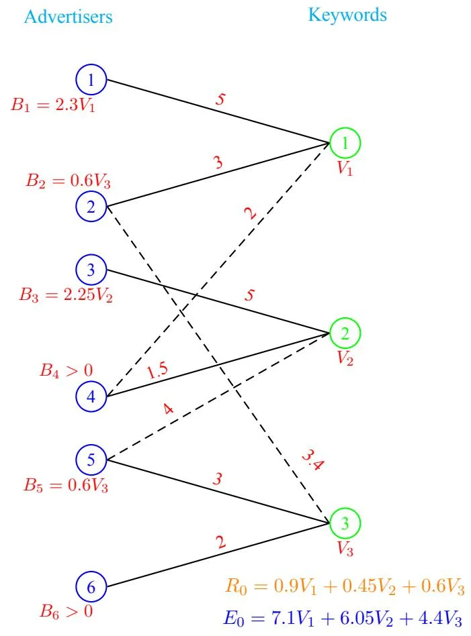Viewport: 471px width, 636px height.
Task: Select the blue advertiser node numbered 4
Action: (x=91, y=397)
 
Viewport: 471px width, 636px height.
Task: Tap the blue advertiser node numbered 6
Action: (x=91, y=588)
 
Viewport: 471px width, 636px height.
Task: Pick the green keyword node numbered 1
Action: (x=345, y=142)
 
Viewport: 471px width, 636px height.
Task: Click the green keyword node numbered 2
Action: (x=345, y=333)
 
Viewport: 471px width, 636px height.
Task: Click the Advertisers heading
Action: (x=68, y=16)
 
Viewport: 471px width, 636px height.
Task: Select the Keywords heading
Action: (x=347, y=15)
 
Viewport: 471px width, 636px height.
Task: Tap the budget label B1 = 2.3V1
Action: (x=53, y=105)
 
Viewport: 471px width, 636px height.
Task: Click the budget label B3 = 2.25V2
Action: (x=66, y=295)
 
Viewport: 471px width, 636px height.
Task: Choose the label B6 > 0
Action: (x=66, y=611)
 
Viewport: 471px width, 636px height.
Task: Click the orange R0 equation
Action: (x=345, y=586)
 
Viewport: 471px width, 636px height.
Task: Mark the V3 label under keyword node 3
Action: (x=345, y=549)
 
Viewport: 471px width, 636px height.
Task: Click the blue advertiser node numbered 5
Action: (x=91, y=460)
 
